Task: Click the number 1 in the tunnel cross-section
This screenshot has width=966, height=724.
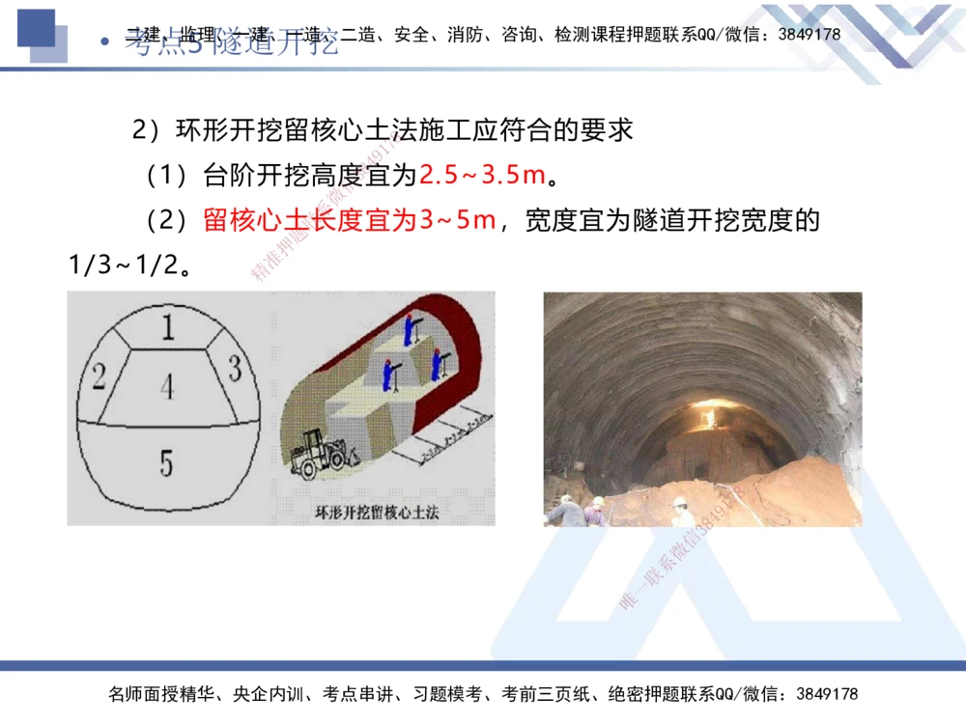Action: point(168,327)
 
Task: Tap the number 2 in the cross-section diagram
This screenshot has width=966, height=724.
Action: point(98,376)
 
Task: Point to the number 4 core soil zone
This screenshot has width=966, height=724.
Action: point(168,387)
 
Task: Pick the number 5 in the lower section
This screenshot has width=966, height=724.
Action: point(166,463)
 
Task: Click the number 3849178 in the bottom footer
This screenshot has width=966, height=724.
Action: point(826,694)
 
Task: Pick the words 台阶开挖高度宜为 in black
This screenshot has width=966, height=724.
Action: point(309,176)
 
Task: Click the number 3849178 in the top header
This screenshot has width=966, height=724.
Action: point(810,34)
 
